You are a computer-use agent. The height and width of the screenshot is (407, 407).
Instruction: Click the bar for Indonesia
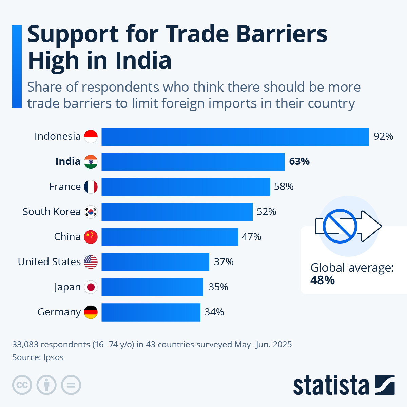(x=235, y=137)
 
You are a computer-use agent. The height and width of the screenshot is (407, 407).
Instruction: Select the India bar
(x=193, y=162)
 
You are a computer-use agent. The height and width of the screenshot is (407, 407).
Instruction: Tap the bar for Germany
(x=151, y=312)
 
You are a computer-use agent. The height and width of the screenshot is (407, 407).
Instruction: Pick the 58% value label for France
(x=284, y=187)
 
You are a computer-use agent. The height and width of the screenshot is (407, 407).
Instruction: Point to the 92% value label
(x=383, y=137)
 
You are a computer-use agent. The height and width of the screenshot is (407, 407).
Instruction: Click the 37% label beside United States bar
(x=224, y=262)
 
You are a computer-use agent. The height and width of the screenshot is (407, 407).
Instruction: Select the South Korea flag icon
(x=91, y=212)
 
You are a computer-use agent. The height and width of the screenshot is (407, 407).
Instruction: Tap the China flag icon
(x=91, y=237)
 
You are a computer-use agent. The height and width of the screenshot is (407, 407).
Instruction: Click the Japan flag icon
(x=91, y=287)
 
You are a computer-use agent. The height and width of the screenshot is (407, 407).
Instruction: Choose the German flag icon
(x=91, y=312)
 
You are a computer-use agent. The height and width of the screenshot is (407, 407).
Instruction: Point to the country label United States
(x=49, y=262)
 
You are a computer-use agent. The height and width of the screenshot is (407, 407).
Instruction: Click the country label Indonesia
(x=57, y=137)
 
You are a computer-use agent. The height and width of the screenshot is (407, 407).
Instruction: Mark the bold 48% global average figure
(x=322, y=280)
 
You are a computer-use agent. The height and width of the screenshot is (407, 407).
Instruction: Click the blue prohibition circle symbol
(x=340, y=226)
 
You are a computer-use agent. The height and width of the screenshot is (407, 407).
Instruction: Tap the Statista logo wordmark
(x=331, y=385)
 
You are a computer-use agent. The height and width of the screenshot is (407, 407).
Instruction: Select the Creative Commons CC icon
(x=22, y=385)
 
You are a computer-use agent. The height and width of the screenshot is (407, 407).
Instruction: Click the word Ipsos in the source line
(x=53, y=357)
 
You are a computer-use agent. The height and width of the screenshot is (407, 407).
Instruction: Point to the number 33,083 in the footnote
(x=25, y=345)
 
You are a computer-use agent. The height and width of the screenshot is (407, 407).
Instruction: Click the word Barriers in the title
(x=282, y=34)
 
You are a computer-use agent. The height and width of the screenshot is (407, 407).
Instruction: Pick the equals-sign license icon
(x=71, y=385)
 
